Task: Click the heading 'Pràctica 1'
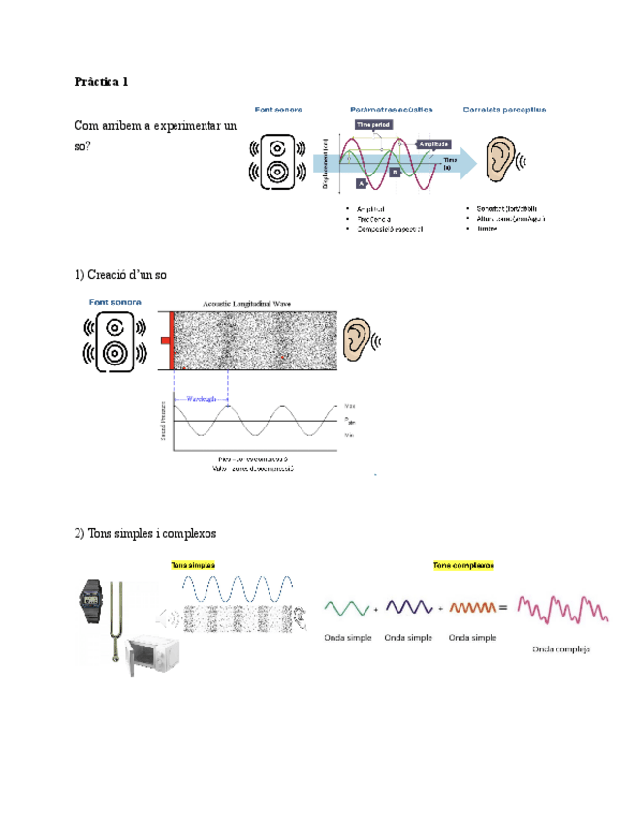[x=101, y=81]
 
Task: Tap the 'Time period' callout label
[x=374, y=125]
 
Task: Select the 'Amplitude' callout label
[x=432, y=143]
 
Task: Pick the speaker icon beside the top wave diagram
[x=278, y=161]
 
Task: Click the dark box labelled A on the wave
[x=362, y=183]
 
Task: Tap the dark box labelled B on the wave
[x=395, y=172]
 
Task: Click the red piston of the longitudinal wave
[x=170, y=339]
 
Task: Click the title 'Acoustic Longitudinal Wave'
[x=246, y=303]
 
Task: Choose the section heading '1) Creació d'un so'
[x=120, y=275]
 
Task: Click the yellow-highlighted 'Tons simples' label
[x=193, y=565]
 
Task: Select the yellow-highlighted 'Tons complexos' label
[x=463, y=565]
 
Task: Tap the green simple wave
[x=345, y=608]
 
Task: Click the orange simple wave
[x=472, y=608]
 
